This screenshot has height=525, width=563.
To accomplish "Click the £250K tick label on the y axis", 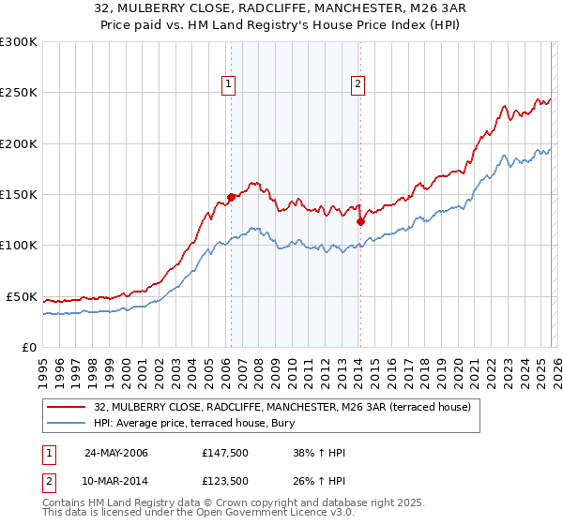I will point(19,93).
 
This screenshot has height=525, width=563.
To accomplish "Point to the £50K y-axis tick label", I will point(22,296).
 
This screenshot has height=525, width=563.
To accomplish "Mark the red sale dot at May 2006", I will point(231,198).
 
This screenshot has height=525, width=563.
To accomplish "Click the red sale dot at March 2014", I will point(360,222).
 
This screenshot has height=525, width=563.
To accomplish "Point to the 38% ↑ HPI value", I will point(319,453).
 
